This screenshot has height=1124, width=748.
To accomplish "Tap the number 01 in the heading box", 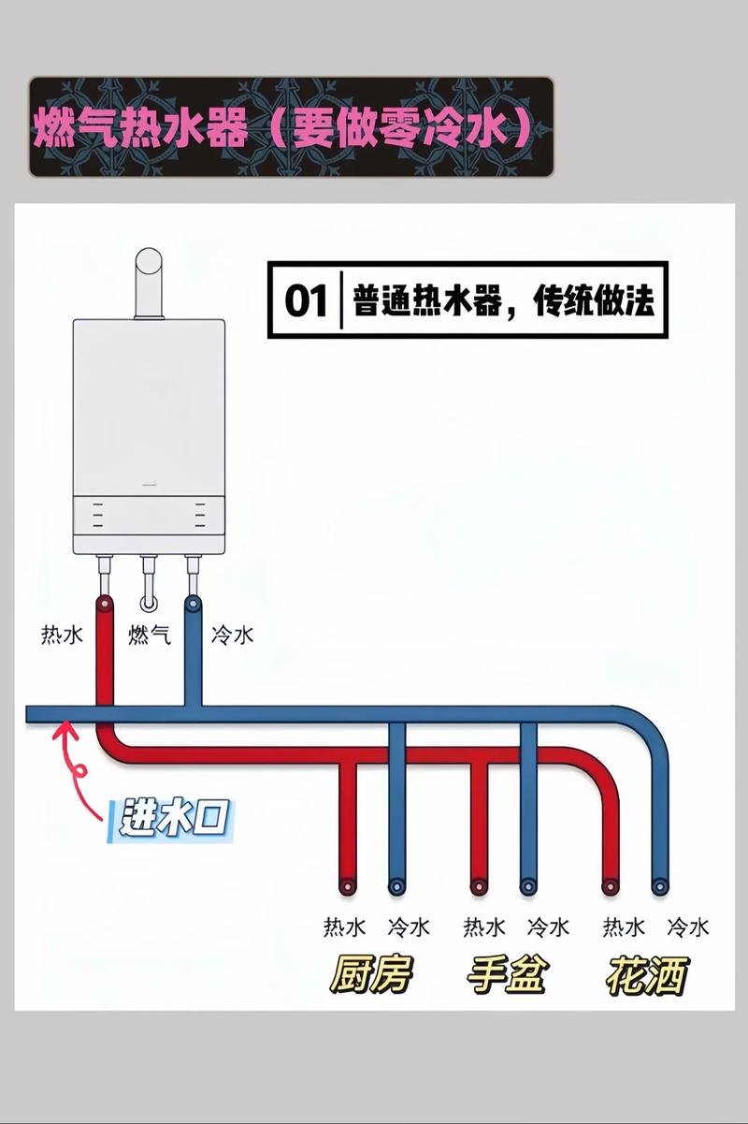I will click(306, 300).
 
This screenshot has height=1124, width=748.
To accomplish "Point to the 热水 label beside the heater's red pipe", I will click(62, 635).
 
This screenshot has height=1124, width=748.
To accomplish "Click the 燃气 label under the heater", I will click(150, 635).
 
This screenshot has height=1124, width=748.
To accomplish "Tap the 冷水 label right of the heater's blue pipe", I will click(232, 635).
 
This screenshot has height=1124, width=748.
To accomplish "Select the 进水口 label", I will click(173, 818).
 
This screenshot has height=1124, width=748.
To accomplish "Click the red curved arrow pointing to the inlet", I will click(79, 767).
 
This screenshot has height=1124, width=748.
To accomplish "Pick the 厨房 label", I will click(369, 975).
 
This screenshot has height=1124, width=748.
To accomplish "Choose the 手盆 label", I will click(506, 975).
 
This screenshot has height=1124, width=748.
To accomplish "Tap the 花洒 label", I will click(646, 975).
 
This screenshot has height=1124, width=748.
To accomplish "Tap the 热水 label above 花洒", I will click(624, 927).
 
